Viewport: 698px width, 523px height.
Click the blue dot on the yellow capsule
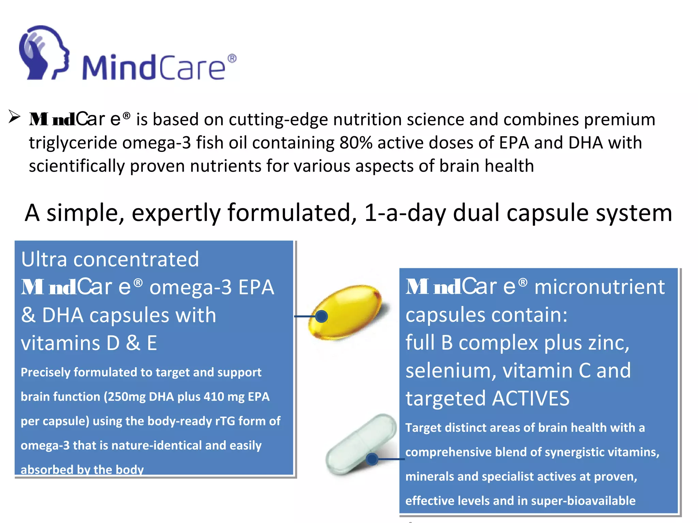point(321,316)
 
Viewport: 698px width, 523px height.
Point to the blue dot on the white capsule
point(372,459)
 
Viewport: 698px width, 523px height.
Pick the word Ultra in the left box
point(44,259)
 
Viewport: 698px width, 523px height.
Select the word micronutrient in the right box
point(600,287)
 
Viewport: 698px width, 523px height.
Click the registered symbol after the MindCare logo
point(232,59)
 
